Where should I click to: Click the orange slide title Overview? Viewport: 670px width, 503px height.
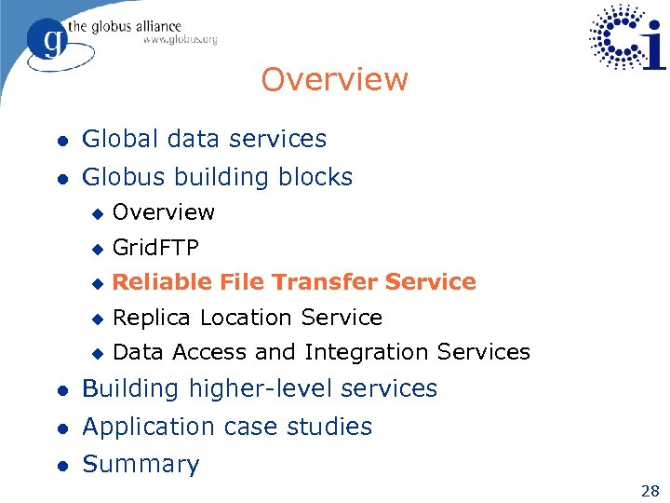click(334, 80)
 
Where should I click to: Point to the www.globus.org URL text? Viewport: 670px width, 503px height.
click(180, 40)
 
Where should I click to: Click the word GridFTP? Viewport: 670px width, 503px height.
click(155, 247)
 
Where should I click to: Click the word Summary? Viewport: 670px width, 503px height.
click(141, 464)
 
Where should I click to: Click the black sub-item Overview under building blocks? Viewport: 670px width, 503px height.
click(163, 212)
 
